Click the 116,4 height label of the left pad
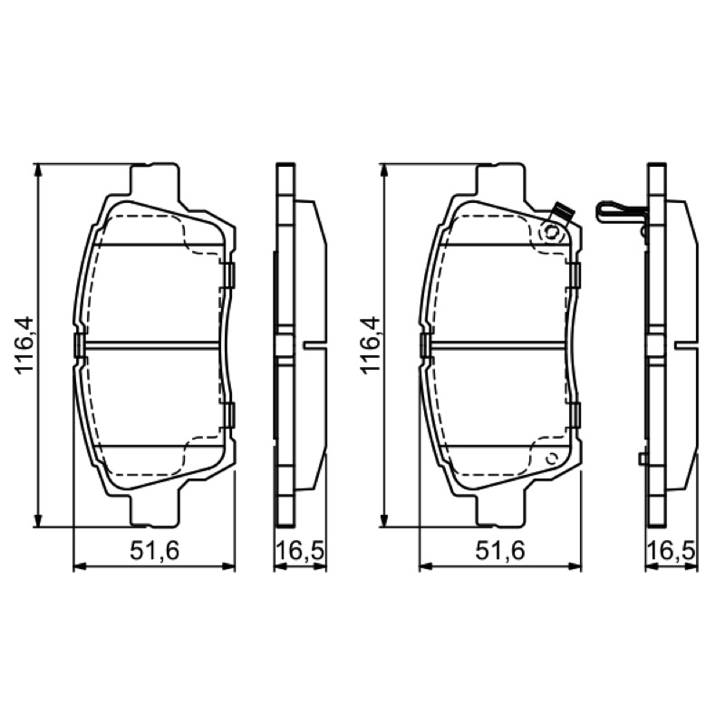tap(24, 344)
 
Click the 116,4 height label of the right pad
tap(370, 344)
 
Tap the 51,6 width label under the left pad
tap(154, 551)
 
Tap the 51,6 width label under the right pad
tap(500, 551)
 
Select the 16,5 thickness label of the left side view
tap(301, 551)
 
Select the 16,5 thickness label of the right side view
tap(672, 551)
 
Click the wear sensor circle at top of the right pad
tap(551, 232)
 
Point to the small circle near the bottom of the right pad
tap(552, 459)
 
